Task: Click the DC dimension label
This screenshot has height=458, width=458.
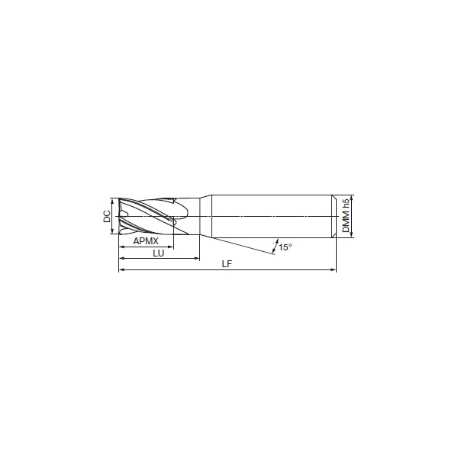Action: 107,216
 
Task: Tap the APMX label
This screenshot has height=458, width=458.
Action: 146,241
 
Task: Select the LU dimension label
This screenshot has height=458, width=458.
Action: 159,253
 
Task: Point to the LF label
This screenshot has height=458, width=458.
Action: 227,264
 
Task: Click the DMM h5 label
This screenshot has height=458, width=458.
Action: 346,216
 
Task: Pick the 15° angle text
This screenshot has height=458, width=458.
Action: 285,247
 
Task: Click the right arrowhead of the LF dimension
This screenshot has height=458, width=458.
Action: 334,270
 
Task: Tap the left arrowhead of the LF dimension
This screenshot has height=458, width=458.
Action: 121,270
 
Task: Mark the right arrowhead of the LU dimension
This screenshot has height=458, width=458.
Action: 197,258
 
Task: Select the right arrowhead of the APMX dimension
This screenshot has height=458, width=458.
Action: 171,247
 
